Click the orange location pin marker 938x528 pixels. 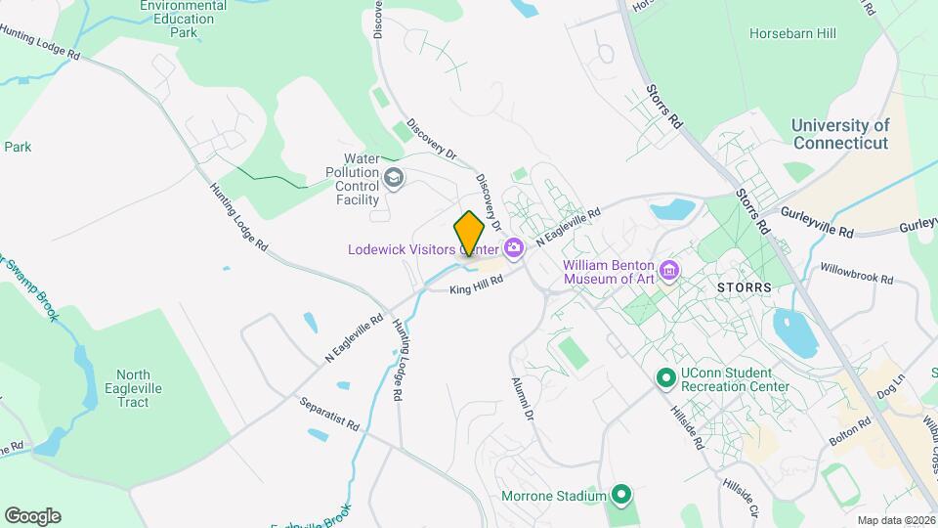pos(470,233)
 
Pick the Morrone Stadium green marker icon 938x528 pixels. pos(619,496)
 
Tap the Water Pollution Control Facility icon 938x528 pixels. pos(394,177)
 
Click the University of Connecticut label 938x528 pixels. pos(840,134)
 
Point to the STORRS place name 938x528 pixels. pos(745,288)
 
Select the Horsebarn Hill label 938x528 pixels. pos(792,33)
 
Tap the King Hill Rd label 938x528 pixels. pos(476,285)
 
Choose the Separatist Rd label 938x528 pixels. pos(330,415)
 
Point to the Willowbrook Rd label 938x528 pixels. pos(857,273)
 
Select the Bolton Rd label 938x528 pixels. pos(851,430)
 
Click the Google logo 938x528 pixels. pos(32,516)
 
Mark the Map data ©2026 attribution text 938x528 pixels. pos(895,520)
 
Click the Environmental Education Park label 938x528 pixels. pos(183,20)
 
